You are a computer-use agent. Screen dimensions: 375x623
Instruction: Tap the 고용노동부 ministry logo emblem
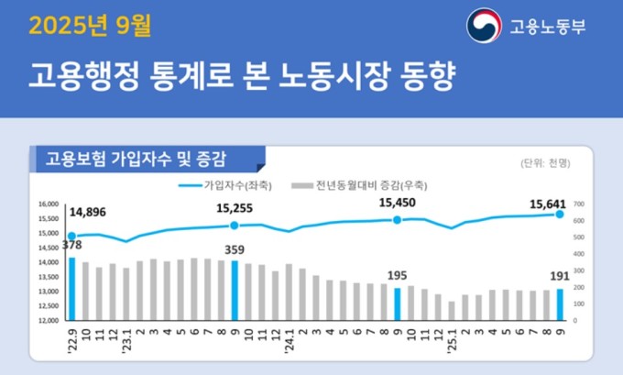point(484,27)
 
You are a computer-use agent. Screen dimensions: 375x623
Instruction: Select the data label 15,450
point(399,204)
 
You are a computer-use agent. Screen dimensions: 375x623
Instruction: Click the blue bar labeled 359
point(235,290)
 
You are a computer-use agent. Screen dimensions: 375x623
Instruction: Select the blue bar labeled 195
point(398,303)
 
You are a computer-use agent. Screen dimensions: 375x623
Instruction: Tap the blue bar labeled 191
point(560,304)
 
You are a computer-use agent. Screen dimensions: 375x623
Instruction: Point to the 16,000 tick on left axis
point(47,204)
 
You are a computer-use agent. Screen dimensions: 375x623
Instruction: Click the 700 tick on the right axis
point(579,204)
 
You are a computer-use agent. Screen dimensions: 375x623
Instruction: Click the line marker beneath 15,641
point(560,217)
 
